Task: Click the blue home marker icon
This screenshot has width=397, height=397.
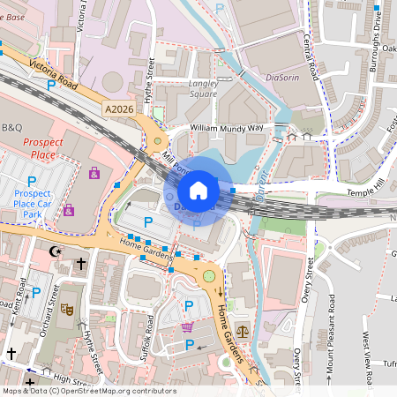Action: (198, 190)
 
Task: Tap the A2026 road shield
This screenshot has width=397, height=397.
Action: (120, 109)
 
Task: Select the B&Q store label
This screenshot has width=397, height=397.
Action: (12, 127)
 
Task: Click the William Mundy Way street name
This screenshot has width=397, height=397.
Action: (227, 128)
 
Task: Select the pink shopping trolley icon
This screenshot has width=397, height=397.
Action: (187, 326)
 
